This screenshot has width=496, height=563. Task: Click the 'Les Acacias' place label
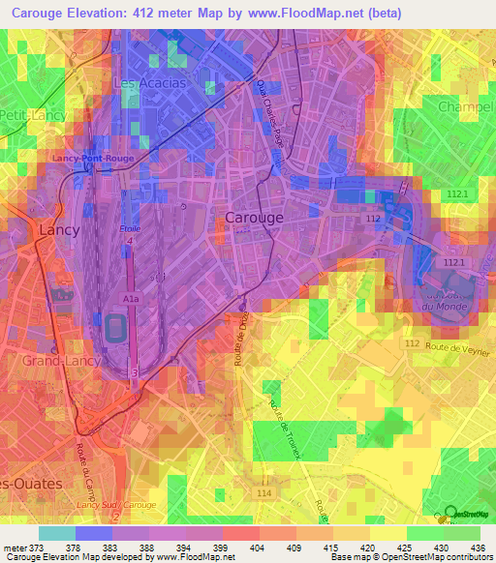coord(149,84)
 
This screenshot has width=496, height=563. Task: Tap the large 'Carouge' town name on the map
coord(254,218)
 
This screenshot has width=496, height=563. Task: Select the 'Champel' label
coord(466,105)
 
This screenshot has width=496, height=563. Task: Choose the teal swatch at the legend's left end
coord(56,533)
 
